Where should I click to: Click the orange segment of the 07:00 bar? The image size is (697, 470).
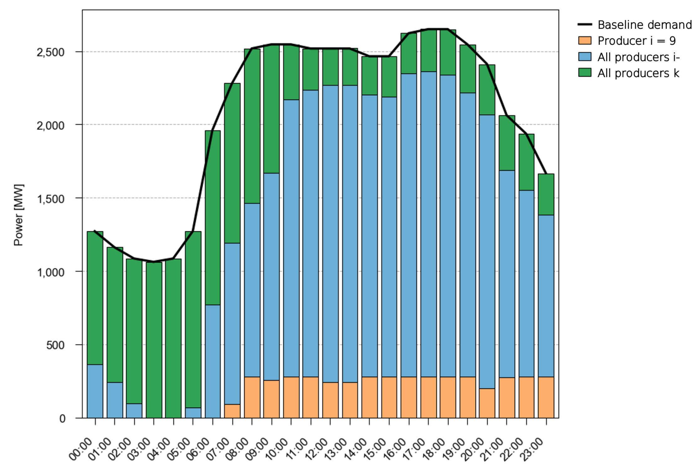coord(232,411)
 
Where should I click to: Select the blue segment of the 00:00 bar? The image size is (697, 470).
coord(95,391)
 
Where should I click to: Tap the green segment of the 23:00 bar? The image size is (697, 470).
coord(546,194)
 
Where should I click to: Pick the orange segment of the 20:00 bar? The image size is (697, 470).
coord(487,403)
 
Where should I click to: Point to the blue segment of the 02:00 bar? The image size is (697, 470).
coord(134,411)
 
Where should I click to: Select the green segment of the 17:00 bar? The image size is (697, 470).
coord(428,51)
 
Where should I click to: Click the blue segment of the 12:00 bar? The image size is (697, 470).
coord(330,233)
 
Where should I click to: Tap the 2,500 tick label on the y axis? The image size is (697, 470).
coord(50,52)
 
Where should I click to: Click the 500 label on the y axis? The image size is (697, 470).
coord(55,345)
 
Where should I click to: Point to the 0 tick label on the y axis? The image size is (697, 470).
coord(62,419)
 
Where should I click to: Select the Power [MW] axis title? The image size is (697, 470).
coord(18,215)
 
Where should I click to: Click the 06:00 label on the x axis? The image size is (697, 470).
coord(198,449)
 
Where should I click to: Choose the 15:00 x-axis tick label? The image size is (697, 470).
coord(375,449)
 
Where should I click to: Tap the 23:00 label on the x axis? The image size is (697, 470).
coord(532,449)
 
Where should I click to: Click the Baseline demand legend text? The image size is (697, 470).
coord(644,25)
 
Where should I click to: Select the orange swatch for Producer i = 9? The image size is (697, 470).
coord(584,41)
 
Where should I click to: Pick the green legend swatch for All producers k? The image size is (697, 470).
coord(584,73)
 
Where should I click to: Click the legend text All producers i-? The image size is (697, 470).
coord(638,57)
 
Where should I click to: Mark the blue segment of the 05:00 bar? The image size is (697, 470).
coord(193,413)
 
